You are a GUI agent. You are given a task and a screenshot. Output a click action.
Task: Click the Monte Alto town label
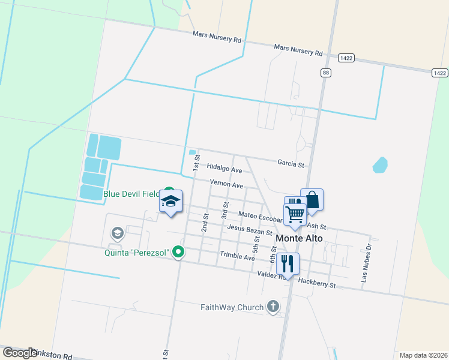[x=299, y=238]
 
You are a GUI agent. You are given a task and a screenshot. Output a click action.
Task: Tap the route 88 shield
[x=326, y=73]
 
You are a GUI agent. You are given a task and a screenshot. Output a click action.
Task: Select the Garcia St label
[x=291, y=163]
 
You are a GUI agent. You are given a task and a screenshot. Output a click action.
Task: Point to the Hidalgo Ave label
[x=224, y=170]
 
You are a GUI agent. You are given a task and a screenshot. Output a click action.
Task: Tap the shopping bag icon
[x=312, y=199]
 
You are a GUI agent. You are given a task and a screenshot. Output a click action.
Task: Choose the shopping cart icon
[x=295, y=214]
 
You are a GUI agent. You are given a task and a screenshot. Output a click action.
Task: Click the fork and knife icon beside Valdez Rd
[x=288, y=265]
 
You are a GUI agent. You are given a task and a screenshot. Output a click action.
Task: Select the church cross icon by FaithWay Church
[x=273, y=307]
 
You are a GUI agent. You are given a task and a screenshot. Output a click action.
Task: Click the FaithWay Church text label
[x=232, y=307]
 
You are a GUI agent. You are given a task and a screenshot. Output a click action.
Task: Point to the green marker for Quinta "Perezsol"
[x=178, y=252]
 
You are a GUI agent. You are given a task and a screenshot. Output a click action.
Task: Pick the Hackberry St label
[x=316, y=283]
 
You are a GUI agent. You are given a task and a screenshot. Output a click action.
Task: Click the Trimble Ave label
[x=237, y=257]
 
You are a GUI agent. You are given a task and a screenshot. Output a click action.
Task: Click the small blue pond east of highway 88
[x=380, y=164]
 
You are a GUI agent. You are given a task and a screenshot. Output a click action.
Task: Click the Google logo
[x=20, y=353]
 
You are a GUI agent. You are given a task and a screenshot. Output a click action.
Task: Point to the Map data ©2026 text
[x=423, y=355]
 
